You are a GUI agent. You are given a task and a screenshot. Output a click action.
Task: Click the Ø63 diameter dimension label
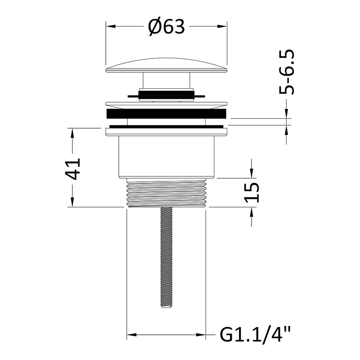[166, 27]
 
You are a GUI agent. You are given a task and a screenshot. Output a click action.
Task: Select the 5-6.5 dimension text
[287, 72]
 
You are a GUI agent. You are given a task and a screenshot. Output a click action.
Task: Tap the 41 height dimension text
[73, 169]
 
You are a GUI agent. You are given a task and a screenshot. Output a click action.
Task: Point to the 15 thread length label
[252, 192]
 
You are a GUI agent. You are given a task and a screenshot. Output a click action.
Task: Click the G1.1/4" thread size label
[255, 335]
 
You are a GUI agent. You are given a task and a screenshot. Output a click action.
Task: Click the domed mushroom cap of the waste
[166, 65]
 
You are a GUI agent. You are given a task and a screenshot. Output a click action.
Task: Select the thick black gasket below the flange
[166, 114]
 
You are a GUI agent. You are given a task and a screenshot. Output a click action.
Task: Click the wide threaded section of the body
[166, 193]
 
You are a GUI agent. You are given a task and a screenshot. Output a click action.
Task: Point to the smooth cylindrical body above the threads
[166, 157]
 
